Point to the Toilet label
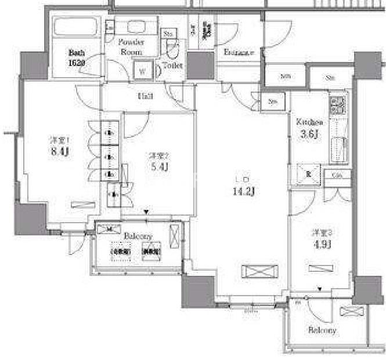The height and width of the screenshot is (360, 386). point(172,66)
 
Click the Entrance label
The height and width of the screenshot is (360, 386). point(239,53)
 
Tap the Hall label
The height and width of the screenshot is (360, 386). point(145,96)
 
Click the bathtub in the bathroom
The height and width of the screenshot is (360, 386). point(76,27)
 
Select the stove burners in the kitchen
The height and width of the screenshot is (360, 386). point(337,105)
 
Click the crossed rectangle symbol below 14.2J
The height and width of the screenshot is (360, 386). point(255,272)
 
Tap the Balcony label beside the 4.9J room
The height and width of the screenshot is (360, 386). point(323,330)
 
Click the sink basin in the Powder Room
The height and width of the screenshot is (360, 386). point(137,28)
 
